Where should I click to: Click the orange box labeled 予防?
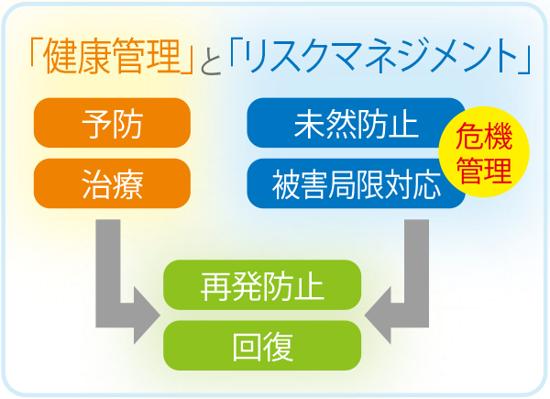pos(112,123)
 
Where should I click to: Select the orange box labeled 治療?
pos(112,183)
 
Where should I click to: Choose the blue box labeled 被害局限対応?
pos(356,183)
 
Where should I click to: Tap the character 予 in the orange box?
pos(96,123)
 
